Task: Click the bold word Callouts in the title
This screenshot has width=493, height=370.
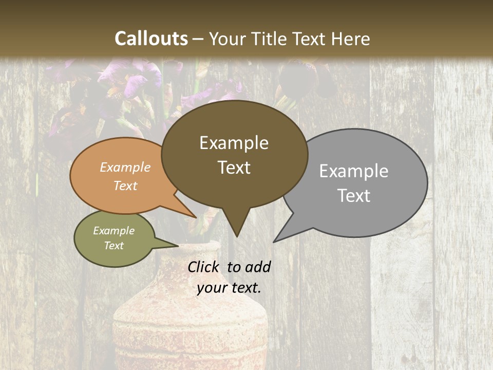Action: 151,39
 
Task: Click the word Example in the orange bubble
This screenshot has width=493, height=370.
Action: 125,167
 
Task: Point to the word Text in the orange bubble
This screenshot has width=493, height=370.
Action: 125,186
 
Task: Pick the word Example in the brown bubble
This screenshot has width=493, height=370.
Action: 234,143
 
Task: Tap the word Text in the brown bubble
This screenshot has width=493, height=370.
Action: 234,168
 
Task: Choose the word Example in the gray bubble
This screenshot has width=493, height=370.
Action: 354,171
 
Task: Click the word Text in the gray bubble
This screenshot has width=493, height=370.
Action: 354,196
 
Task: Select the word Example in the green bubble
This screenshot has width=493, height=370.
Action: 113,231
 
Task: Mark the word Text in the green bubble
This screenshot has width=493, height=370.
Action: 113,246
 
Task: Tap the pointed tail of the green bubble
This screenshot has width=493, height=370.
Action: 167,243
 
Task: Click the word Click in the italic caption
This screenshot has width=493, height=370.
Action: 204,267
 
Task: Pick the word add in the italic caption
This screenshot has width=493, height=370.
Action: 258,267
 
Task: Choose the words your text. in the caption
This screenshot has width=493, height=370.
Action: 229,288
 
